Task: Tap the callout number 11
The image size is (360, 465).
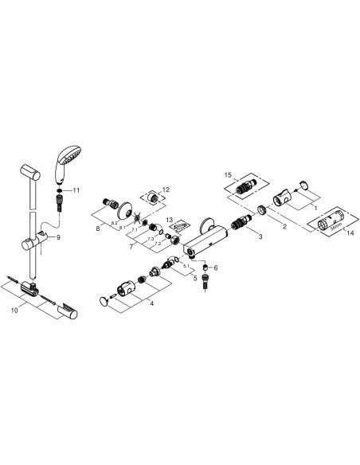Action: [x=76, y=191]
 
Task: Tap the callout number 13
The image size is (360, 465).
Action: [x=170, y=219]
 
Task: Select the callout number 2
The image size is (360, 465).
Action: [x=284, y=226]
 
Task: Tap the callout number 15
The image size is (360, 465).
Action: [x=228, y=174]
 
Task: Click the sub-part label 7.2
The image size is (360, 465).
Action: [x=157, y=241]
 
